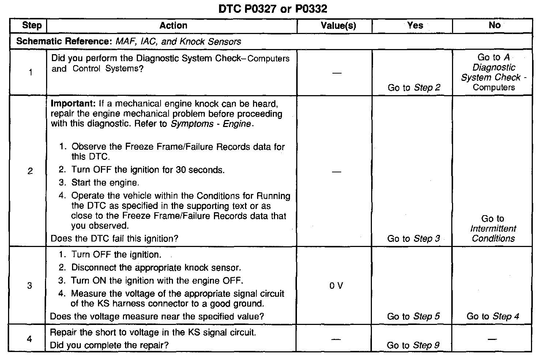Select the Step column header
click(32, 25)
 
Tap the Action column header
click(173, 25)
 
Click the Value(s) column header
click(338, 26)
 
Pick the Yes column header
click(415, 25)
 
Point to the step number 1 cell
click(30, 72)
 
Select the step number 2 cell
click(30, 171)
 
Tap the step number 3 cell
click(30, 285)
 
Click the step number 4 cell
click(30, 339)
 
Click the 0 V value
click(336, 286)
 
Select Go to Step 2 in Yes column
click(414, 87)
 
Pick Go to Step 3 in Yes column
click(414, 239)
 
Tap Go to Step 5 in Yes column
click(414, 316)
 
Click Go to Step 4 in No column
click(493, 316)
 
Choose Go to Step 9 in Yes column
click(413, 345)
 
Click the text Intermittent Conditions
click(493, 233)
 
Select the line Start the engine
click(105, 182)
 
